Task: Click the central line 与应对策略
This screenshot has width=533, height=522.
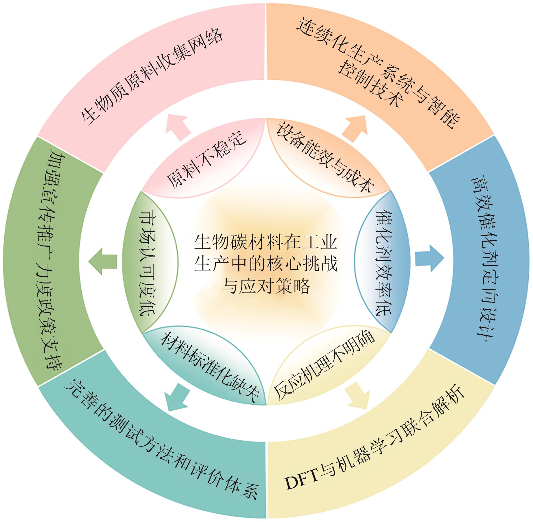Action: click(266, 286)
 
